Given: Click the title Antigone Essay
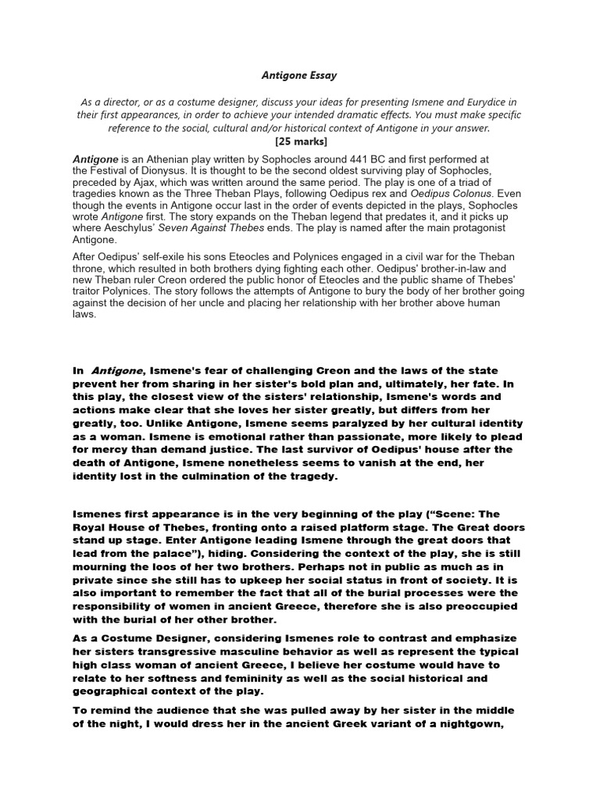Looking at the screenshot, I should tap(299, 76).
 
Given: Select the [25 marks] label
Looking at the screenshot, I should tap(300, 141).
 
